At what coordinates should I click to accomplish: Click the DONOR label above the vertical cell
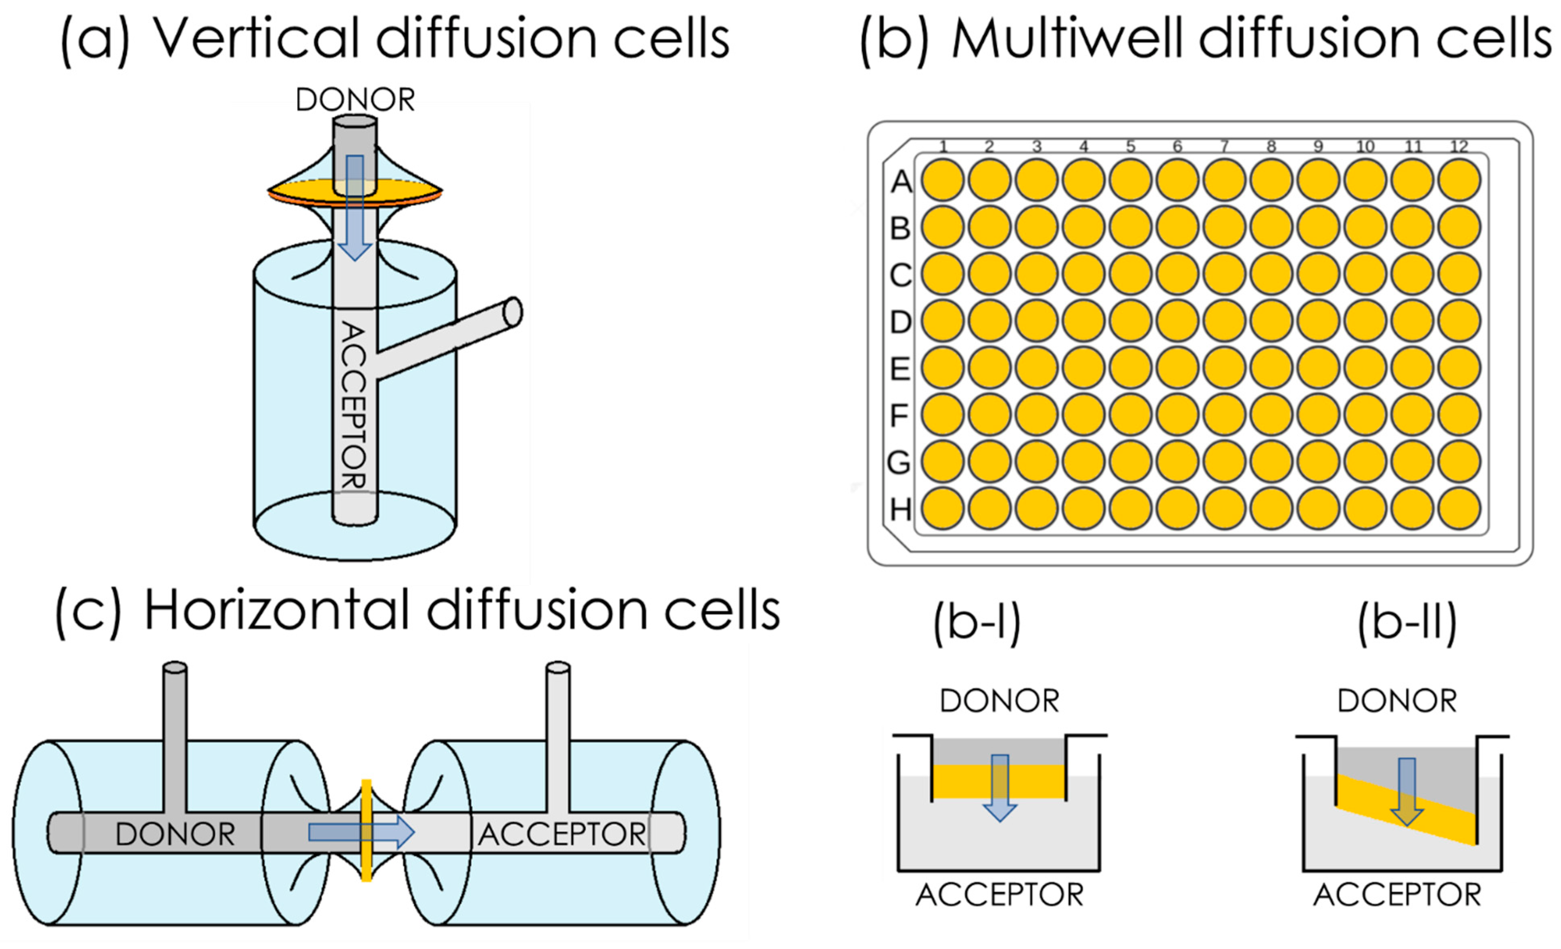[355, 100]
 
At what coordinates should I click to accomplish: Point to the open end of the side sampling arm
[513, 312]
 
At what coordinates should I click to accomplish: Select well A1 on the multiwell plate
[943, 180]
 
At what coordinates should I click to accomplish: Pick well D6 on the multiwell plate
[1177, 321]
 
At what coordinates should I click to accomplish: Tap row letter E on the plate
[899, 368]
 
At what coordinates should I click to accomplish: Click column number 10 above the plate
[1365, 147]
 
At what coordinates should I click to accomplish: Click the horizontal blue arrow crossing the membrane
[361, 832]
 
